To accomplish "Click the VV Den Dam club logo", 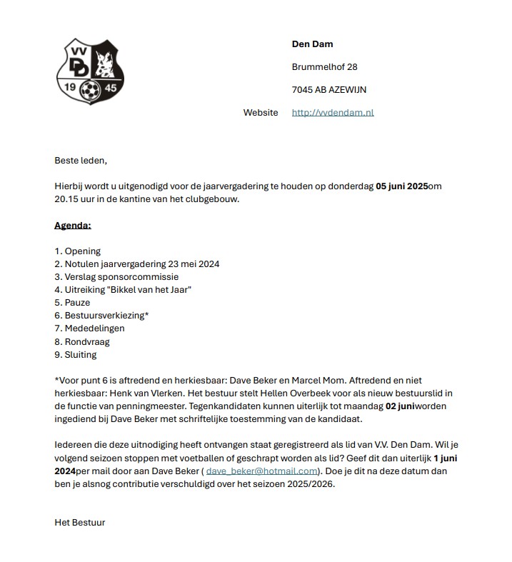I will [91, 71].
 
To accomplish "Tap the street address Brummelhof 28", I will [325, 67].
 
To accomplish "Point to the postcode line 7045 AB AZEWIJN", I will [329, 90].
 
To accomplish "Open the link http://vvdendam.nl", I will [333, 113].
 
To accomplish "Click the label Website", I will [261, 113].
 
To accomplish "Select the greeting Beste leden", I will [81, 160].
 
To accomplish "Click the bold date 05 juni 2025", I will [402, 186].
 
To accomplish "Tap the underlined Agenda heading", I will [73, 226].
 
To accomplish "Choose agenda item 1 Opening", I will [78, 251].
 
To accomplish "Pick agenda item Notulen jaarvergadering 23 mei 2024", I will [137, 264].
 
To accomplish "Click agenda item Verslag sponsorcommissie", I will [116, 277].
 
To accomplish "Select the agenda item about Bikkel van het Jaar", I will [124, 290].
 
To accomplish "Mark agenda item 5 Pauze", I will [73, 303].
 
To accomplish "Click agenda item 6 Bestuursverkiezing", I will [102, 316].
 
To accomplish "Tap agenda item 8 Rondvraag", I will [82, 341].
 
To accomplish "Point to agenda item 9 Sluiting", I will [76, 354].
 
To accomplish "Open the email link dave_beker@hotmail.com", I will [261, 471].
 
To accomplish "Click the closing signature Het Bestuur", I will [80, 522].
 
